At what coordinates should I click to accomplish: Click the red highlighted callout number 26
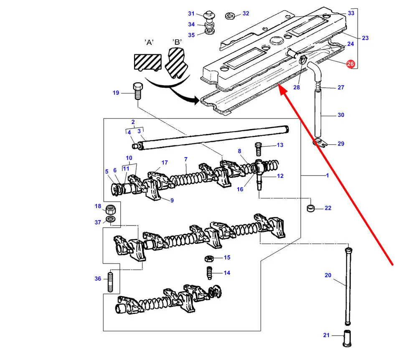(x=350, y=64)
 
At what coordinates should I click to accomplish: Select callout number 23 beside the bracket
(x=365, y=38)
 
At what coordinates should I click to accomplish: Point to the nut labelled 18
(x=111, y=209)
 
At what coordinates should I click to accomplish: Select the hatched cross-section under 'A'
(x=148, y=61)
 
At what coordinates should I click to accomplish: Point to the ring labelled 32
(x=229, y=16)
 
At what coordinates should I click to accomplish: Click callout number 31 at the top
(x=191, y=13)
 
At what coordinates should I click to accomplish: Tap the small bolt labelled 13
(x=258, y=147)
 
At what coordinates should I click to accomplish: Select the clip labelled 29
(x=320, y=143)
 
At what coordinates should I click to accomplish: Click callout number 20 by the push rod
(x=328, y=275)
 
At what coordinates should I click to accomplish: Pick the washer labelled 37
(x=111, y=220)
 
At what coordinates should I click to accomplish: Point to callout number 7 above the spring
(x=185, y=159)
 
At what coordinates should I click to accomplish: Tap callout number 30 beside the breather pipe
(x=340, y=115)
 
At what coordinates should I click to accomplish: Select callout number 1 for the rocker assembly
(x=328, y=175)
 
